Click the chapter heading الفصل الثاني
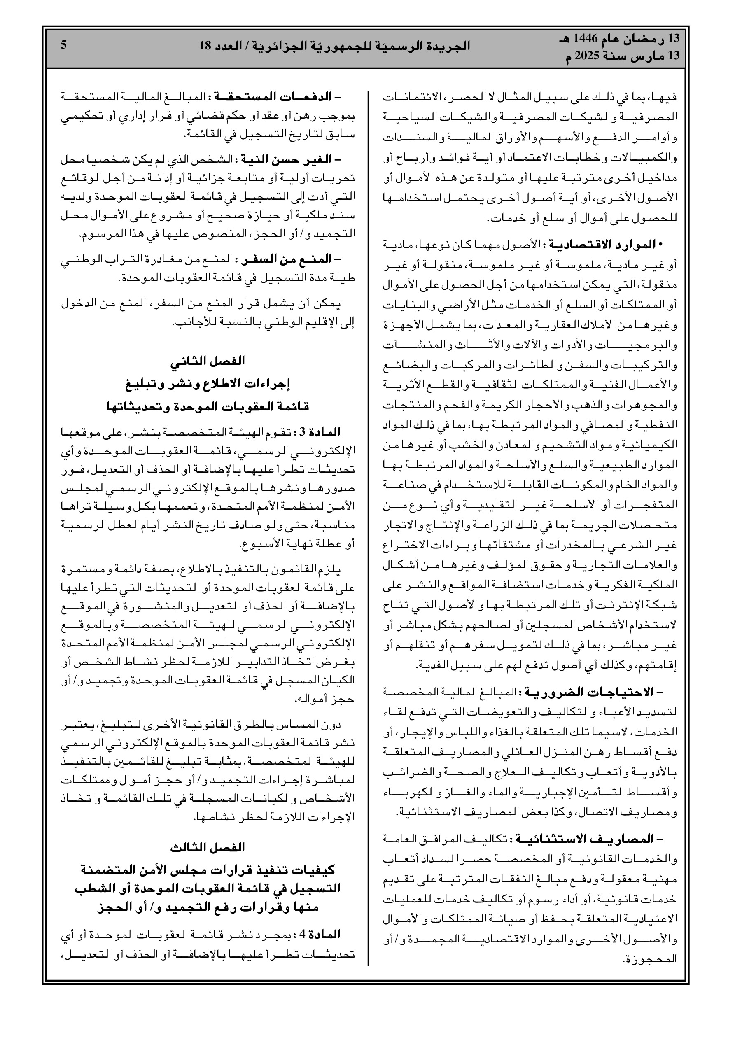[x=207, y=361]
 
